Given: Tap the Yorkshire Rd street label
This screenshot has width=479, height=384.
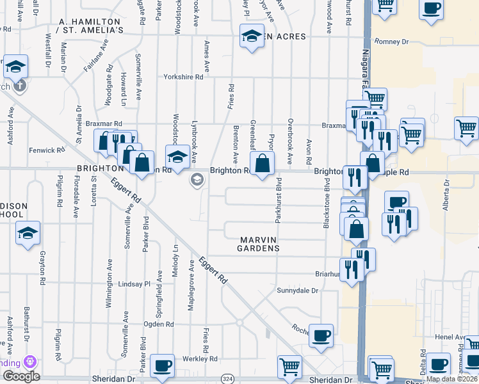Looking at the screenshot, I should click(x=183, y=76).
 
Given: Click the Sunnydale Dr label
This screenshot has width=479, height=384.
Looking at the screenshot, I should click(x=298, y=291).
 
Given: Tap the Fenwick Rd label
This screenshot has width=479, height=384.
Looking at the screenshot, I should click(x=47, y=150).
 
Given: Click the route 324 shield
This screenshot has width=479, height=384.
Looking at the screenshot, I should click(x=228, y=380).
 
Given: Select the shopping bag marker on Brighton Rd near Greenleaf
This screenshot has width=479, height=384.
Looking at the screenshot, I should click(x=262, y=164).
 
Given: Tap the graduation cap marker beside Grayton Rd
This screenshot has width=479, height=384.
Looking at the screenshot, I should click(x=28, y=234).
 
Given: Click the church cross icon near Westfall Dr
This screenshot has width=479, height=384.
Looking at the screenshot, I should click(x=19, y=85).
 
